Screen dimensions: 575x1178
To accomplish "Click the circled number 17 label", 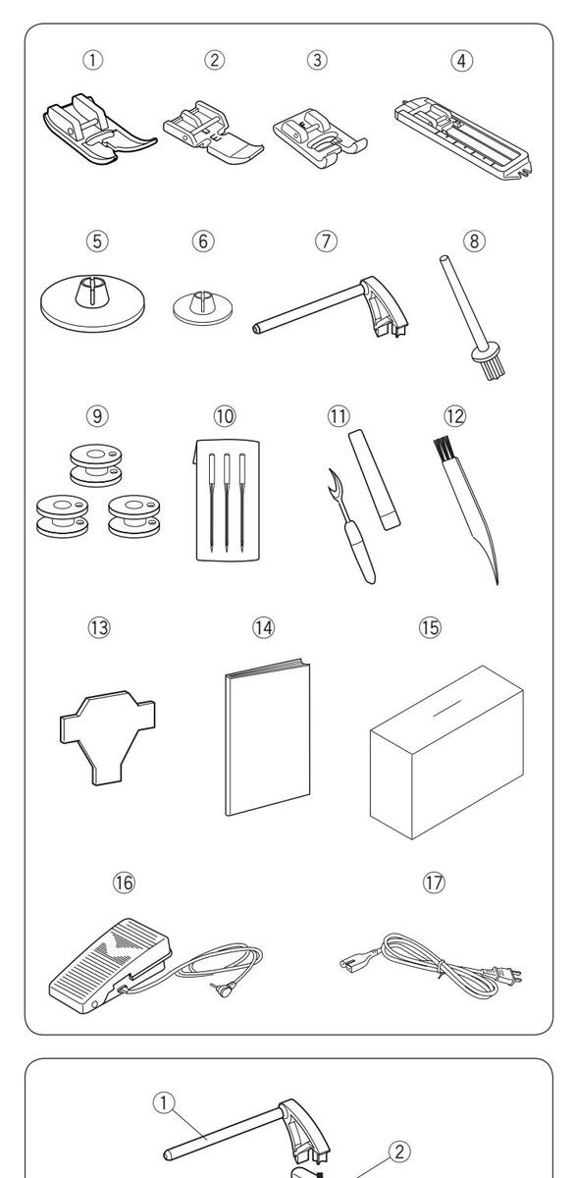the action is (x=434, y=882).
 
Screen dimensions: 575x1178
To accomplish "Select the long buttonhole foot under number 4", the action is (x=462, y=137).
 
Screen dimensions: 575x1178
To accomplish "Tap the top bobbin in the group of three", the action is (x=95, y=465).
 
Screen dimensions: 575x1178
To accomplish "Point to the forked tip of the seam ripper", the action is (x=332, y=481).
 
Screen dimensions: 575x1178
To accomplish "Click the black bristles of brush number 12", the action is (x=443, y=448).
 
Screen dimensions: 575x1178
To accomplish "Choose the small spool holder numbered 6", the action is (x=202, y=306).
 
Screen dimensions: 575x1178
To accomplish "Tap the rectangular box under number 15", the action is (x=446, y=752).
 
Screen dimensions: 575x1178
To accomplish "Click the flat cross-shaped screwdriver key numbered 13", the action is (x=108, y=737).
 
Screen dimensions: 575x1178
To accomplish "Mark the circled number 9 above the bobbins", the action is (x=97, y=416).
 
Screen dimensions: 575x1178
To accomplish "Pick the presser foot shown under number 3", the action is (x=320, y=138).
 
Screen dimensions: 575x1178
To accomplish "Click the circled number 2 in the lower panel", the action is (x=399, y=1151).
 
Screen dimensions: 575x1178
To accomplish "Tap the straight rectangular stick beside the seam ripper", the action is (x=374, y=480).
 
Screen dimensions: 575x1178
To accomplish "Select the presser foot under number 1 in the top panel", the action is (x=100, y=129).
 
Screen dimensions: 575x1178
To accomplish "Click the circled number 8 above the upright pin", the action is (x=474, y=241).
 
